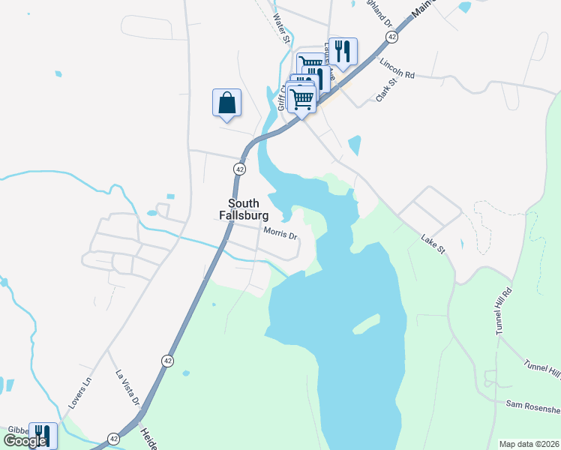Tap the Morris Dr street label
point(280,232)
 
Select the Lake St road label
point(433,243)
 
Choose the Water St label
point(281,28)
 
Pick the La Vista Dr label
point(127,388)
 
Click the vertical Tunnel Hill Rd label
point(502,310)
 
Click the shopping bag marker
point(226,102)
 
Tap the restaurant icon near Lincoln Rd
point(343,51)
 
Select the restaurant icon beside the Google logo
point(43,435)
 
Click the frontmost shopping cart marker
point(301,97)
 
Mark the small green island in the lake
point(365,324)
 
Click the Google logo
point(25,440)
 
